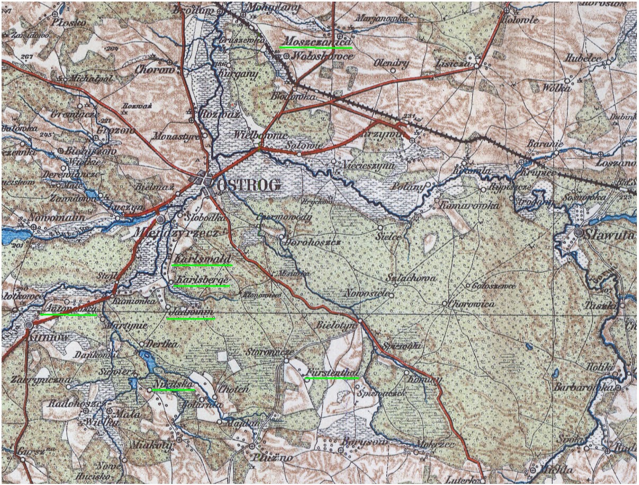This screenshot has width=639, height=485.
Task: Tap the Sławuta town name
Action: pyautogui.click(x=609, y=234)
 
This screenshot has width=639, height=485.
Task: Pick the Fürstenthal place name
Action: pyautogui.click(x=331, y=372)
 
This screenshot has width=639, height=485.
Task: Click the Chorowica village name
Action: pyautogui.click(x=464, y=304)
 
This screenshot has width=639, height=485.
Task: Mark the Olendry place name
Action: pyautogui.click(x=392, y=64)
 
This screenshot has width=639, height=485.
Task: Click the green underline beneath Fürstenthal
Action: pyautogui.click(x=332, y=378)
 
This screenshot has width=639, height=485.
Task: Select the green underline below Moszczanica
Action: pyautogui.click(x=316, y=47)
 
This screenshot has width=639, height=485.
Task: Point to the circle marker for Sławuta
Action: pyautogui.click(x=579, y=233)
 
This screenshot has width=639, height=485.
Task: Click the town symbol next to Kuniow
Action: pyautogui.click(x=28, y=325)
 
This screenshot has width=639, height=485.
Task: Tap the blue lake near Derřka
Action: pyautogui.click(x=148, y=362)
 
